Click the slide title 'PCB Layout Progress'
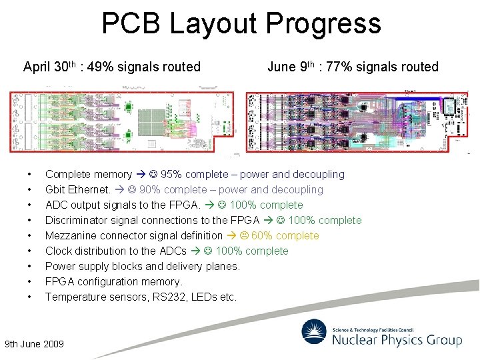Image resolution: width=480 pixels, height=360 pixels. pyautogui.click(x=241, y=24)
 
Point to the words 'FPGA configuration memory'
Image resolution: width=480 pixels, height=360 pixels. pyautogui.click(x=113, y=282)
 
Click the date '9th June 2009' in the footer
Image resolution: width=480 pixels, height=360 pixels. pyautogui.click(x=35, y=344)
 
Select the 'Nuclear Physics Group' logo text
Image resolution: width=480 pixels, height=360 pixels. pyautogui.click(x=397, y=341)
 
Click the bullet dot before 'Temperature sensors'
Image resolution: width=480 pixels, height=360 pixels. pyautogui.click(x=29, y=297)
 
